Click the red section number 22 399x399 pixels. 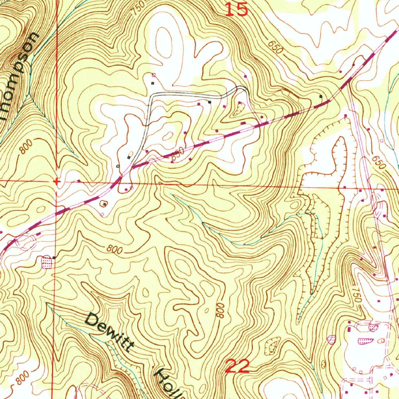tap(237, 366)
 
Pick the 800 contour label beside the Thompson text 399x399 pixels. tap(25, 148)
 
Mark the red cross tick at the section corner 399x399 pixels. tap(57, 182)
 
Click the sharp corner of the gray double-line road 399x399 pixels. tap(152, 95)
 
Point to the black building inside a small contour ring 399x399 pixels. tap(104, 204)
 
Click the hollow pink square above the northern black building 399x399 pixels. tap(153, 74)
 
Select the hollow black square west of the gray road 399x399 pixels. tap(118, 166)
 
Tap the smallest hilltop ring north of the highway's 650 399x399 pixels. tap(168, 136)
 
